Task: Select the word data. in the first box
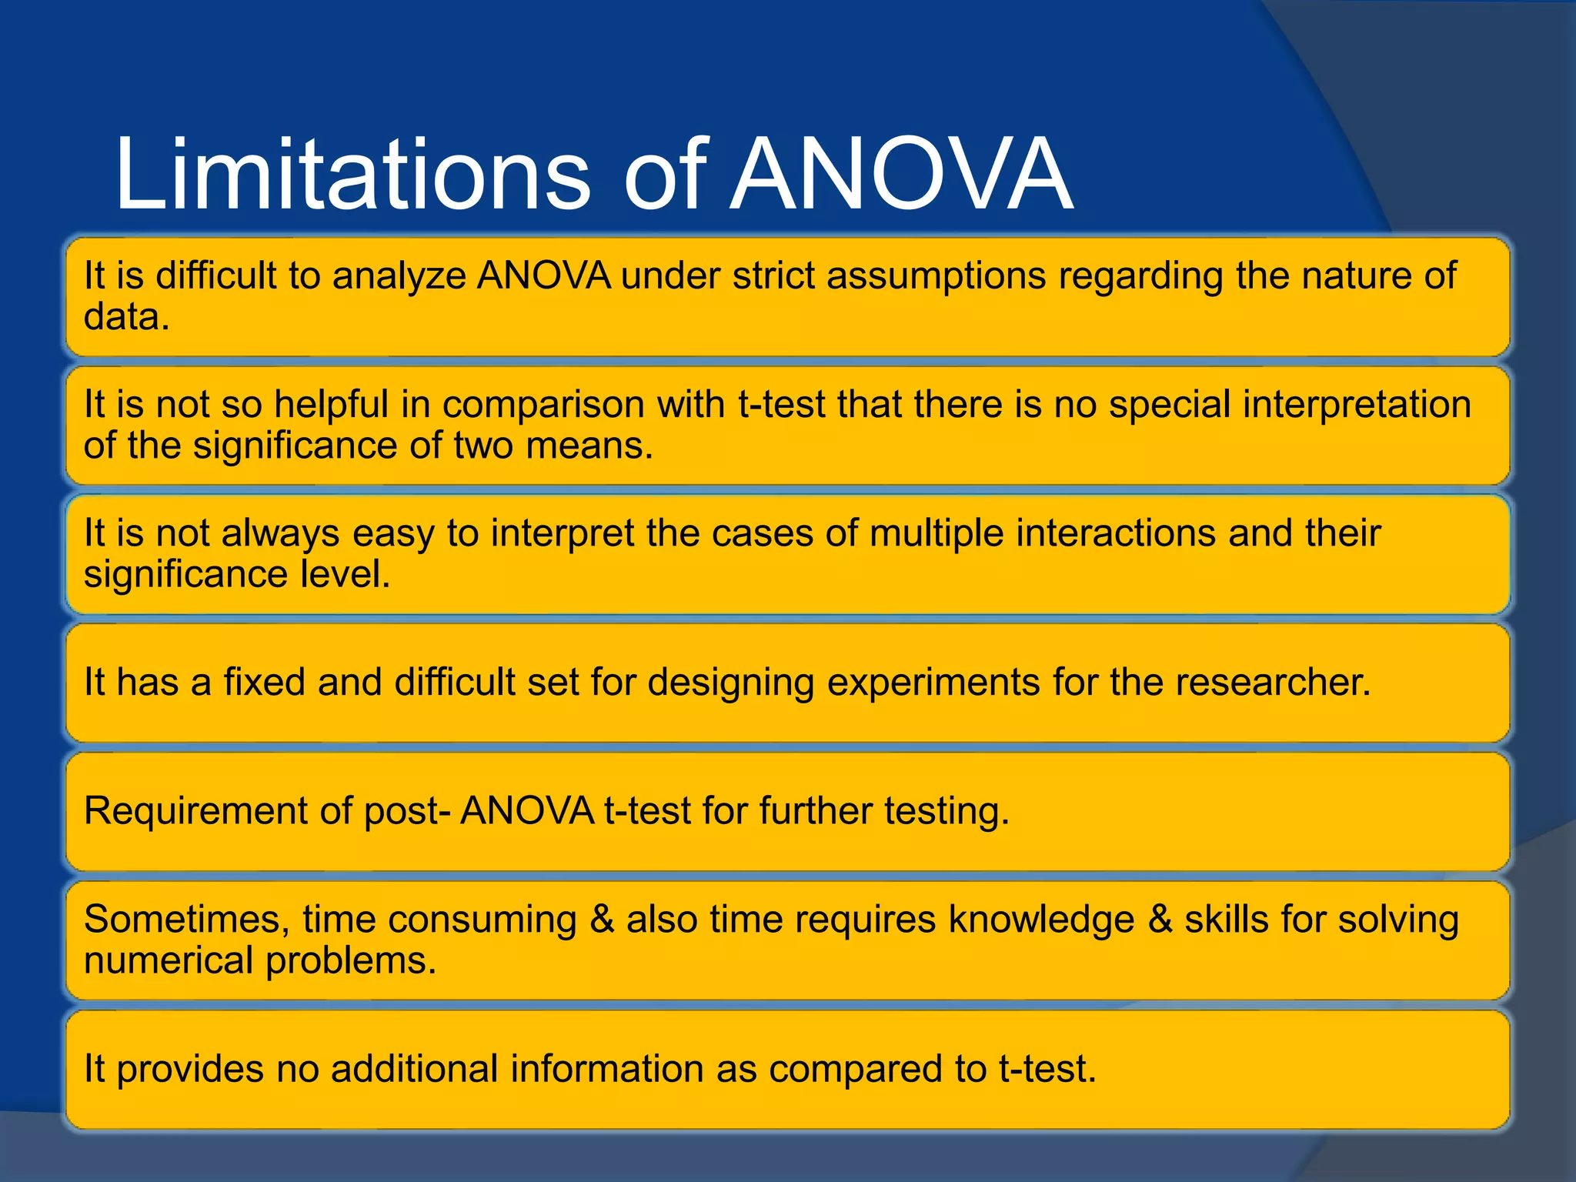coord(126,317)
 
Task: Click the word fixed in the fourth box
coord(264,683)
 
